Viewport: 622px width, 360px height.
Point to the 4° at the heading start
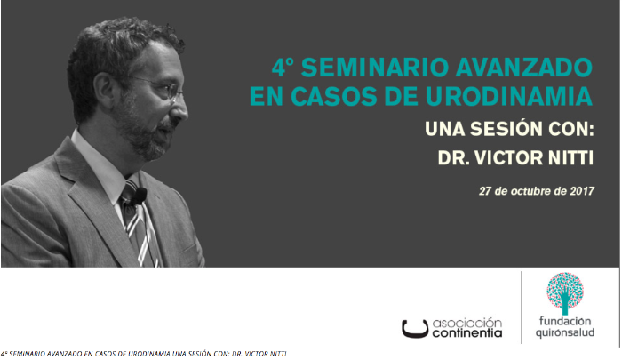pos(285,67)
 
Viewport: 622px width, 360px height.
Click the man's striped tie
pos(142,231)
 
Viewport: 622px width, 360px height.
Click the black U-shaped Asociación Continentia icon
pos(415,329)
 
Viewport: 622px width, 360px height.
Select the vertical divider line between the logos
pos(522,307)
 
